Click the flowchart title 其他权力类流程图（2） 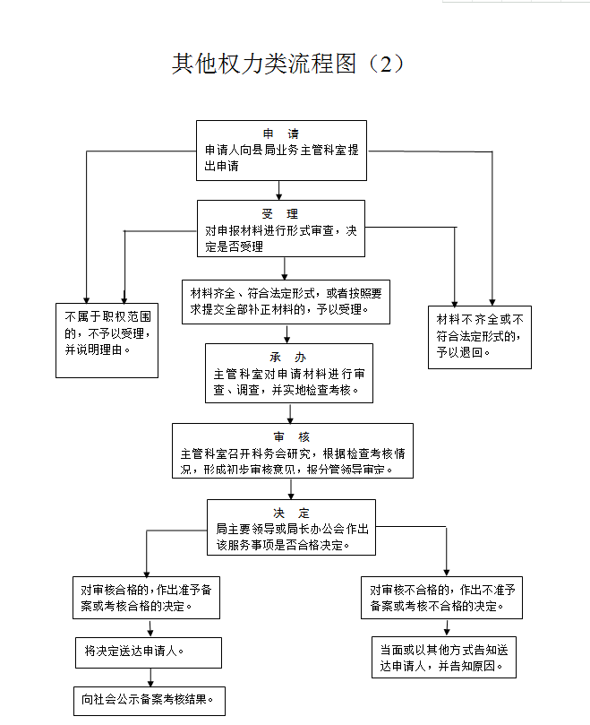pyautogui.click(x=288, y=64)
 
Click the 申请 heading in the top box pyautogui.click(x=281, y=134)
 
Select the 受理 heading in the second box pyautogui.click(x=280, y=214)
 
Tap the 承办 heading pyautogui.click(x=288, y=358)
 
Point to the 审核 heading pyautogui.click(x=292, y=437)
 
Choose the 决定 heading pyautogui.click(x=291, y=514)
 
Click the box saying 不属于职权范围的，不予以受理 pyautogui.click(x=107, y=341)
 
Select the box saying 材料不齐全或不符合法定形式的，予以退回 pyautogui.click(x=480, y=337)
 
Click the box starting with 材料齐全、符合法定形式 pyautogui.click(x=286, y=302)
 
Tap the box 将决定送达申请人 pyautogui.click(x=149, y=652)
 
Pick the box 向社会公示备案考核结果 pyautogui.click(x=150, y=701)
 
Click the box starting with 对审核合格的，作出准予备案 pyautogui.click(x=146, y=598)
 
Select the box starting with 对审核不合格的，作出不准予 pyautogui.click(x=441, y=598)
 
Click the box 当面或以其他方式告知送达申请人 pyautogui.click(x=443, y=657)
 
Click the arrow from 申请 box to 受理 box pyautogui.click(x=278, y=191)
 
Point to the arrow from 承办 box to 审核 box pyautogui.click(x=290, y=413)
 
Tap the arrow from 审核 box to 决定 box pyautogui.click(x=291, y=489)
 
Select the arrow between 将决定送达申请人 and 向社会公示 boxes pyautogui.click(x=150, y=678)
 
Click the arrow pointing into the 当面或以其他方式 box pyautogui.click(x=447, y=627)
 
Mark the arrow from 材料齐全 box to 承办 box pyautogui.click(x=286, y=334)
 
